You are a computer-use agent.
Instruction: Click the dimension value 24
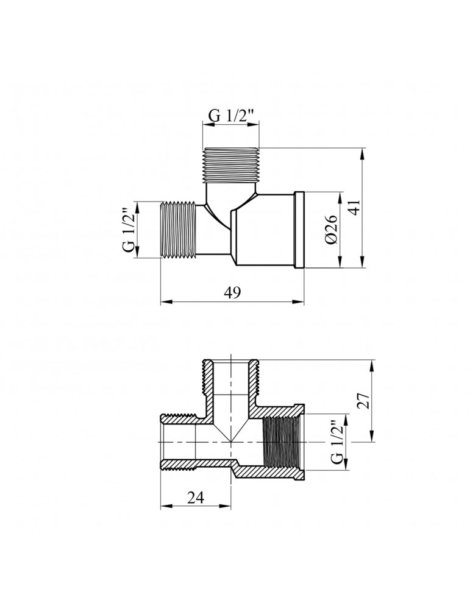[x=195, y=498]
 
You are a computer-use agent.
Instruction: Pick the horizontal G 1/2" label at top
[x=231, y=116]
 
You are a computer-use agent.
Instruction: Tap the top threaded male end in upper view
[x=231, y=164]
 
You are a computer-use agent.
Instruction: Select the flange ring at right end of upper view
[x=299, y=230]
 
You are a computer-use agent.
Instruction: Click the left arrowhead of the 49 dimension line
[x=164, y=301]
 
